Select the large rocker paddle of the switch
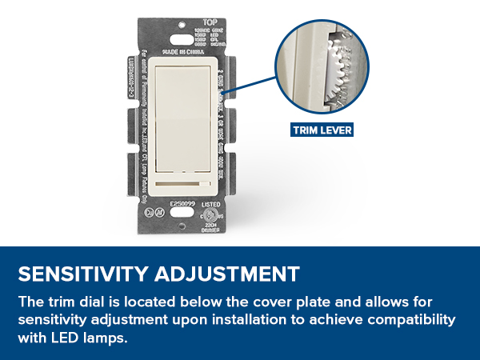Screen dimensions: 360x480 pos(182,112)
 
